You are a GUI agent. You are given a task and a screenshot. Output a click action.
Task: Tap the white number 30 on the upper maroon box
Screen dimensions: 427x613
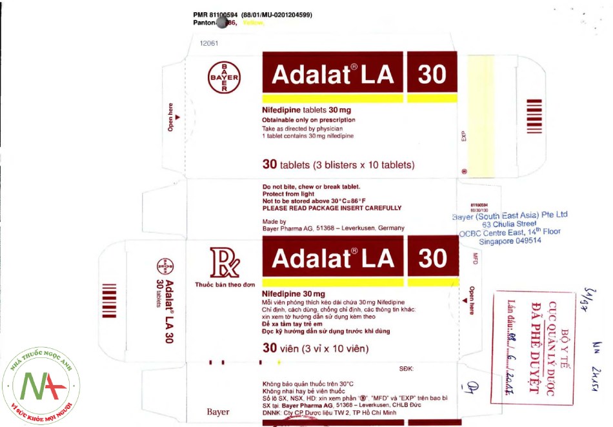(432, 75)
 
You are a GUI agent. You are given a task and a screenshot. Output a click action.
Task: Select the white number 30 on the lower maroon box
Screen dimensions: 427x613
(432, 258)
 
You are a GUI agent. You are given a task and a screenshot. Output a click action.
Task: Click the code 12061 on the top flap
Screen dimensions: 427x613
(209, 44)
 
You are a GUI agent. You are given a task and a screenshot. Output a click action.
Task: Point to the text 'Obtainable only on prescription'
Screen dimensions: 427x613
(308, 120)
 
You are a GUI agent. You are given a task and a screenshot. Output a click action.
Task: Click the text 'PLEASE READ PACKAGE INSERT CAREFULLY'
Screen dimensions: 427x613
(332, 208)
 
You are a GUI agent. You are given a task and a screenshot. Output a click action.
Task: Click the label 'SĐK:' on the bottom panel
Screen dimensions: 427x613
(407, 368)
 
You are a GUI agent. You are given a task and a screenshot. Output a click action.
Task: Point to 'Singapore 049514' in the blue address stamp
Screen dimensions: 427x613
(510, 241)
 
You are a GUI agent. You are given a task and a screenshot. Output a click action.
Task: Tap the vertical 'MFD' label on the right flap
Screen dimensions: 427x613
(475, 259)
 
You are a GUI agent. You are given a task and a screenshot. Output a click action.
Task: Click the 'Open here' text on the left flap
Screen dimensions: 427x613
(171, 117)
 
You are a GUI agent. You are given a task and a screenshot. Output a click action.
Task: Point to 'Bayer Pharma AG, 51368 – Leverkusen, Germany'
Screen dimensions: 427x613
(333, 228)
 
